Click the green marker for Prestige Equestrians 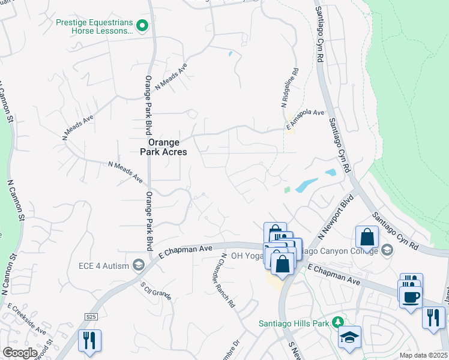coord(142,25)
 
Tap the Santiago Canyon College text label coord(341,250)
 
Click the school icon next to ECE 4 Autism coord(139,265)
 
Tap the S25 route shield coord(91,316)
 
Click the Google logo coord(19,353)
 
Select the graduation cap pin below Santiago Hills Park coord(349,338)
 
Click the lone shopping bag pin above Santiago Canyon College coord(367,237)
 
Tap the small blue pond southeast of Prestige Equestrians coord(231,54)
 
